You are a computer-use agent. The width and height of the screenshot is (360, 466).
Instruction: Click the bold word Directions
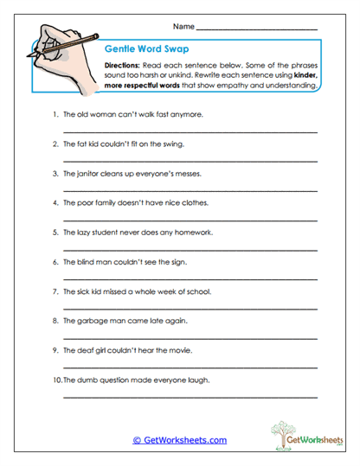point(124,66)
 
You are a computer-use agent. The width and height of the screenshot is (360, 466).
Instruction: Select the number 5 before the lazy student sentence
point(55,232)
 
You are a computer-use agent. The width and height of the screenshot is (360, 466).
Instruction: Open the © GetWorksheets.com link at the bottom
point(180,440)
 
